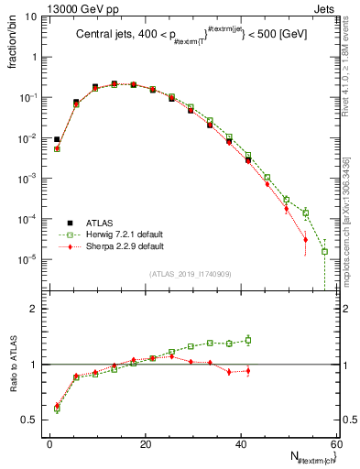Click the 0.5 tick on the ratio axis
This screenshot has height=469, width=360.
[31, 420]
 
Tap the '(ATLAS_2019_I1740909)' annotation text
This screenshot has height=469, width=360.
[190, 274]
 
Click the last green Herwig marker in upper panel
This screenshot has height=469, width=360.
[324, 251]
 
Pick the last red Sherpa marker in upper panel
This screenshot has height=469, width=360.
[305, 240]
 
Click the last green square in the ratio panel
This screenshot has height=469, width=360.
[248, 340]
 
